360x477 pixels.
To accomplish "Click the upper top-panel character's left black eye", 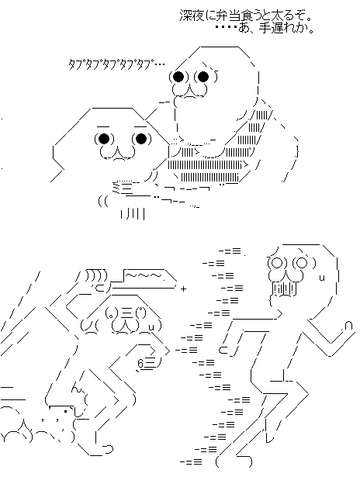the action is point(178,77).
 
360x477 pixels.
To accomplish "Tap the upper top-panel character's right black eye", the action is point(203,77).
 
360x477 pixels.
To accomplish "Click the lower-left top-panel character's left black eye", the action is point(104,139).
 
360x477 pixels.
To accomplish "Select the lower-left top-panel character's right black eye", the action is point(141,139).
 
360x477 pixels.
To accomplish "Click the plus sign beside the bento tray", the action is point(183,289).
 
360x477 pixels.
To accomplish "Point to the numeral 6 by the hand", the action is point(140,364).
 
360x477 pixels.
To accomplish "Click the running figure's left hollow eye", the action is point(277,263).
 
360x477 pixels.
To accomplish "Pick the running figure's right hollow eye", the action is point(302,263).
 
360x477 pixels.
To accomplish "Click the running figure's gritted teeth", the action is point(284,289).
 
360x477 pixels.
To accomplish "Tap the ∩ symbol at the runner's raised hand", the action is point(349,326).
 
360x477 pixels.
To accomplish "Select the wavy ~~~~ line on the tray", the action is point(145,275).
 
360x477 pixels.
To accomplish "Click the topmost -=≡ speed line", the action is point(230,251).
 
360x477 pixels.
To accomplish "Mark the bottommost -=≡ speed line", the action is point(191,461).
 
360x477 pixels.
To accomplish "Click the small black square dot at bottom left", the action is point(65,412).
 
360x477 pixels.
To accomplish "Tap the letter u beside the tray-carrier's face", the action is point(151,327).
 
